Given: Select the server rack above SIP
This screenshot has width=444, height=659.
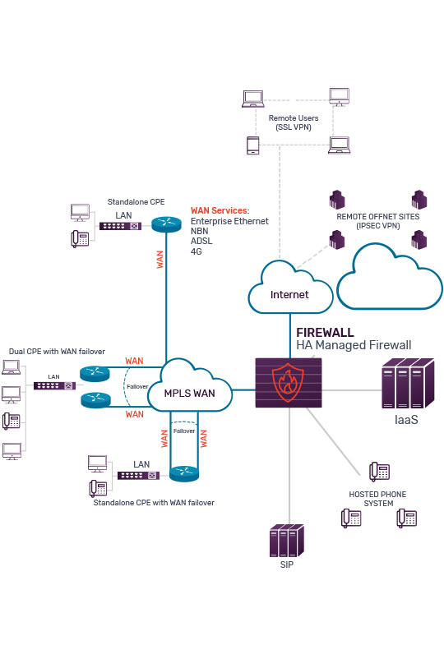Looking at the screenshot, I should [284, 542].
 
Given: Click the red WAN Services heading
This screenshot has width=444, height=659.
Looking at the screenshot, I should [220, 211].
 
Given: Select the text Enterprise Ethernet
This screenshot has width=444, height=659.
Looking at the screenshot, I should [229, 222].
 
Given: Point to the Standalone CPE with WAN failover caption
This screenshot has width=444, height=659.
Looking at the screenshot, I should [154, 502].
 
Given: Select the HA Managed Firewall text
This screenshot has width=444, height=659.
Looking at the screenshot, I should [354, 346].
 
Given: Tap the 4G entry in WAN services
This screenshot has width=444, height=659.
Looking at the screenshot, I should [197, 251].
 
